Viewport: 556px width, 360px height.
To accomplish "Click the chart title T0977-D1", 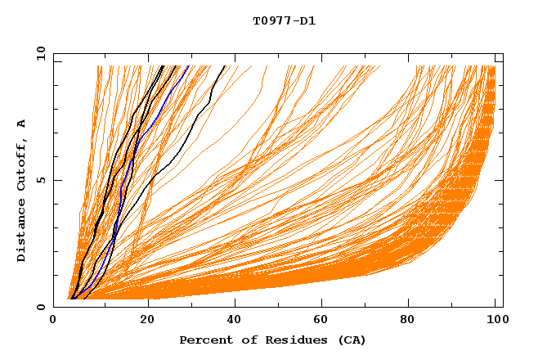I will click(284, 21).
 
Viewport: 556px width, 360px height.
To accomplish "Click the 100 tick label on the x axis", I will click(496, 320).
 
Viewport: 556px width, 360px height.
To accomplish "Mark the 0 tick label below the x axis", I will click(54, 320).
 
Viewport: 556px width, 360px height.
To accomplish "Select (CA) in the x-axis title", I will click(349, 340).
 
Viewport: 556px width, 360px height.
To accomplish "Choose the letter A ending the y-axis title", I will click(22, 123).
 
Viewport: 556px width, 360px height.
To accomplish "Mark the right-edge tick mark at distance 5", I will click(500, 181).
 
